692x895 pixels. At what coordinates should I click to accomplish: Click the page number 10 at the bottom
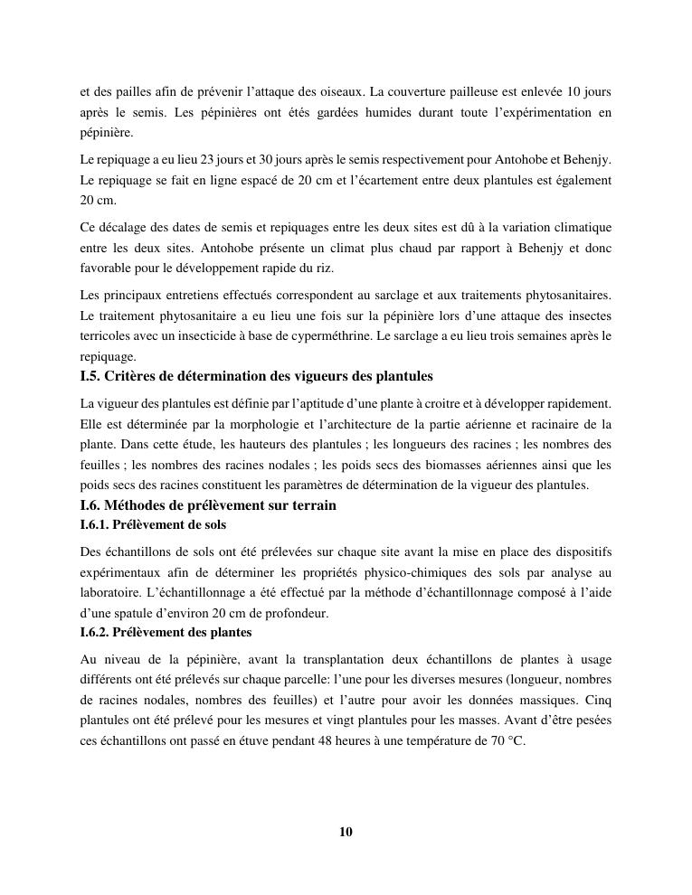[x=346, y=832]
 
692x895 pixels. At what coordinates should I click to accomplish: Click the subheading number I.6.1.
[x=95, y=524]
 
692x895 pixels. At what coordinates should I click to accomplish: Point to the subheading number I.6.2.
[x=95, y=632]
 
